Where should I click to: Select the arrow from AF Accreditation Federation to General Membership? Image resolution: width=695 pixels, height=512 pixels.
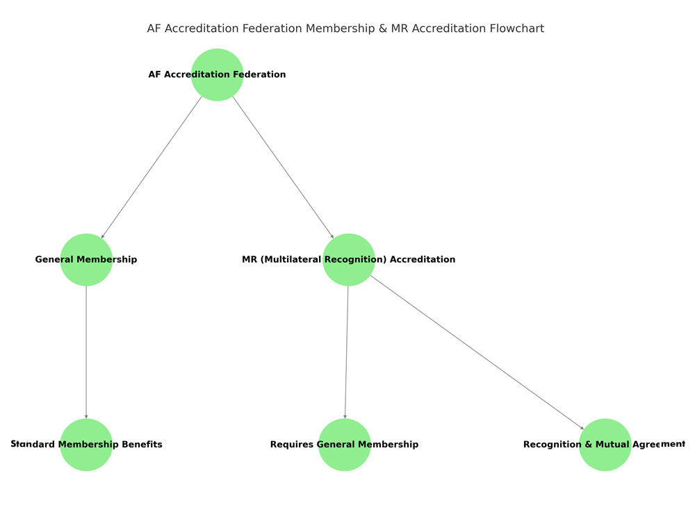pyautogui.click(x=152, y=167)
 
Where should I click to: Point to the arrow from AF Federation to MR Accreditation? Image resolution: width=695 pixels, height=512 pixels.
pyautogui.click(x=283, y=167)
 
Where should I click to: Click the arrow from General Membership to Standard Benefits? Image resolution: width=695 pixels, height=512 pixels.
pyautogui.click(x=86, y=352)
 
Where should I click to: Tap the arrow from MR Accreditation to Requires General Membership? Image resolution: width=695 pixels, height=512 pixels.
pyautogui.click(x=346, y=352)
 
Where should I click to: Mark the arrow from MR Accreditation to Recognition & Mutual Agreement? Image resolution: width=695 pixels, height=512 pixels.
pyautogui.click(x=477, y=352)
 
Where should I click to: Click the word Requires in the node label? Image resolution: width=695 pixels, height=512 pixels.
pyautogui.click(x=292, y=445)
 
